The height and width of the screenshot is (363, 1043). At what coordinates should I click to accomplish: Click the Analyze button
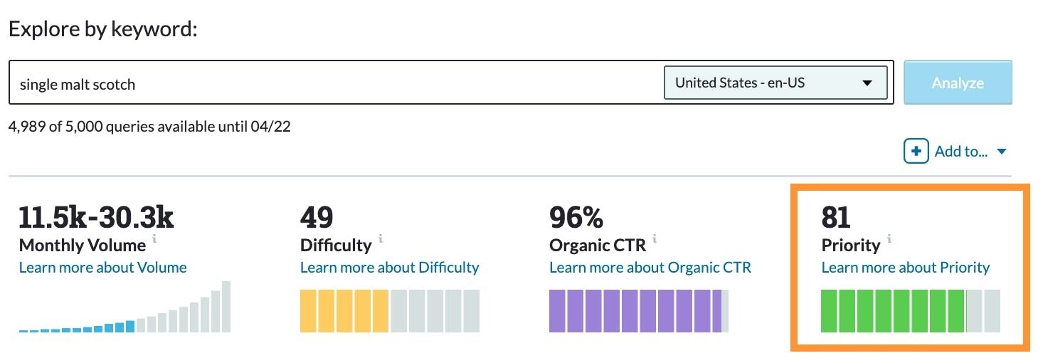(958, 83)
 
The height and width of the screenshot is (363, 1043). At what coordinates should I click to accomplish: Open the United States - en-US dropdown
(775, 83)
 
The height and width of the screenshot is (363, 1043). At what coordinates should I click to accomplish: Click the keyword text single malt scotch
(78, 84)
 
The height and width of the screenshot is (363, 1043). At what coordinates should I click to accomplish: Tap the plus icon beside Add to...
(916, 151)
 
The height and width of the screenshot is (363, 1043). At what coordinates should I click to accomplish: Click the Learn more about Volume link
(103, 268)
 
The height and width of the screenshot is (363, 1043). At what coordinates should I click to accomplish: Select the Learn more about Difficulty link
(390, 268)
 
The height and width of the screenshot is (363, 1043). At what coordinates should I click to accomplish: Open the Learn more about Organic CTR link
(650, 268)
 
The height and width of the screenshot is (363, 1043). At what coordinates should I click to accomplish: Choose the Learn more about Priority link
(906, 268)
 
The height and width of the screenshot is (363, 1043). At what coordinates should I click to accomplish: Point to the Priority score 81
(836, 217)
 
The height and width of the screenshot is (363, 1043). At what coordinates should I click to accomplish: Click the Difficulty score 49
(317, 217)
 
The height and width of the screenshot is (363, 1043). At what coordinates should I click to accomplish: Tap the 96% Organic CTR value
(576, 217)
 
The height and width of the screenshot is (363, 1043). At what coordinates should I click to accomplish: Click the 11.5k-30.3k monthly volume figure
(96, 217)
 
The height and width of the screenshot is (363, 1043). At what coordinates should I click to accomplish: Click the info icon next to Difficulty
(381, 238)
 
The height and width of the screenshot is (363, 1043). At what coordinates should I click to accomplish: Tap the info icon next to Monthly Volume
(154, 238)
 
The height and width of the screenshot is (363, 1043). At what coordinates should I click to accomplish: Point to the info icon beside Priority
(889, 238)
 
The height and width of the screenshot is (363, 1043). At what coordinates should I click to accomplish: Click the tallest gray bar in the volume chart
(226, 307)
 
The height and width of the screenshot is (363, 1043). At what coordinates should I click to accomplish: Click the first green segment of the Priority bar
(829, 311)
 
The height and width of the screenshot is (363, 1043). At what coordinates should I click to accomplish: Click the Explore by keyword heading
(103, 29)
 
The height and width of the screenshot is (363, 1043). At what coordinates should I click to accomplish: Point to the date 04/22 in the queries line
(270, 126)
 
